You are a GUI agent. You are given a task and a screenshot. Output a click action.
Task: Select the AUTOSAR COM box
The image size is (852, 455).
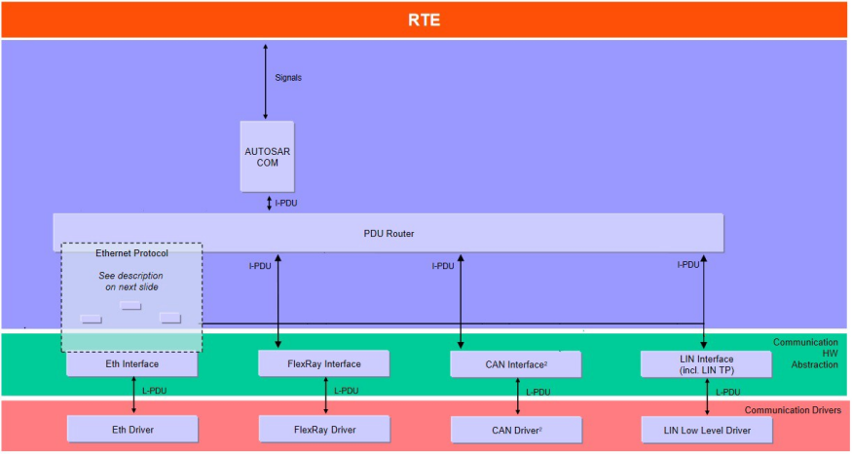tap(267, 156)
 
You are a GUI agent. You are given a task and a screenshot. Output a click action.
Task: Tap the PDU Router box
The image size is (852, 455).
tap(388, 233)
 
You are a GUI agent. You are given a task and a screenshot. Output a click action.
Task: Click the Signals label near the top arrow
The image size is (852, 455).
tap(289, 77)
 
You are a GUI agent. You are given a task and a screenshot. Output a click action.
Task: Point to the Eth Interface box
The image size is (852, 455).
tap(131, 364)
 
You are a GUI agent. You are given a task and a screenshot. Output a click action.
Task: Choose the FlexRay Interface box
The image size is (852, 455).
tap(323, 364)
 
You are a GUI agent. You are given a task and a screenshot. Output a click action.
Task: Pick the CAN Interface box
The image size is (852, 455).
tap(515, 364)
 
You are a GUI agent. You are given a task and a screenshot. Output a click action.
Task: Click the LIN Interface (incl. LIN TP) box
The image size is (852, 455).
tap(707, 364)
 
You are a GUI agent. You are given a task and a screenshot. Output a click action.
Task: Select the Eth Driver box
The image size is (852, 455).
tap(131, 429)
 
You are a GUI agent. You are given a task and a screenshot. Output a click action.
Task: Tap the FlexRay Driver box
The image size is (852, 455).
tap(323, 429)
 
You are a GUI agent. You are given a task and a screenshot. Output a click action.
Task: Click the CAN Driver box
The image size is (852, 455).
tap(515, 429)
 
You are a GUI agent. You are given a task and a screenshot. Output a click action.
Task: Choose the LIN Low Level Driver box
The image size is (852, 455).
tap(707, 429)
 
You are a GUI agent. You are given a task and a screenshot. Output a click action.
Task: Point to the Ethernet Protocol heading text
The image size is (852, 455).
tap(131, 253)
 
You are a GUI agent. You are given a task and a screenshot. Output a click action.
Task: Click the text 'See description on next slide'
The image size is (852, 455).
tap(131, 282)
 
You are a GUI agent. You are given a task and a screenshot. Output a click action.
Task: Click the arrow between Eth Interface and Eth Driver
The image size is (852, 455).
tap(133, 397)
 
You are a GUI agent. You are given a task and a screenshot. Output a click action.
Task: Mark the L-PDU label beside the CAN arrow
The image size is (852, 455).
tap(537, 392)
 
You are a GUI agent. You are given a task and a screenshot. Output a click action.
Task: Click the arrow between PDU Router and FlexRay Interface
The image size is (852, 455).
tap(278, 300)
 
